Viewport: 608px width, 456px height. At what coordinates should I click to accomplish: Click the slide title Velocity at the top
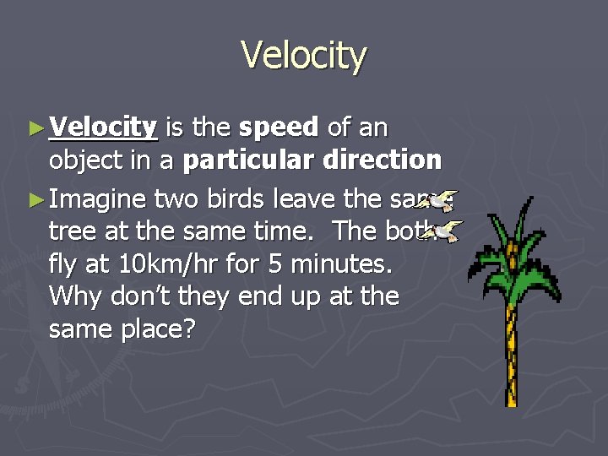tap(304, 56)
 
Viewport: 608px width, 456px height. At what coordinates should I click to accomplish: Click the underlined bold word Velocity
tap(103, 128)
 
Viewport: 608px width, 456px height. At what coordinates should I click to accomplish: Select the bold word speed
tap(278, 128)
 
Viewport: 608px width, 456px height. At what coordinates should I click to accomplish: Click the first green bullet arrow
tap(35, 128)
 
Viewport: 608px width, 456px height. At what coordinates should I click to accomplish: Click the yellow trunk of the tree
tap(511, 355)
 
